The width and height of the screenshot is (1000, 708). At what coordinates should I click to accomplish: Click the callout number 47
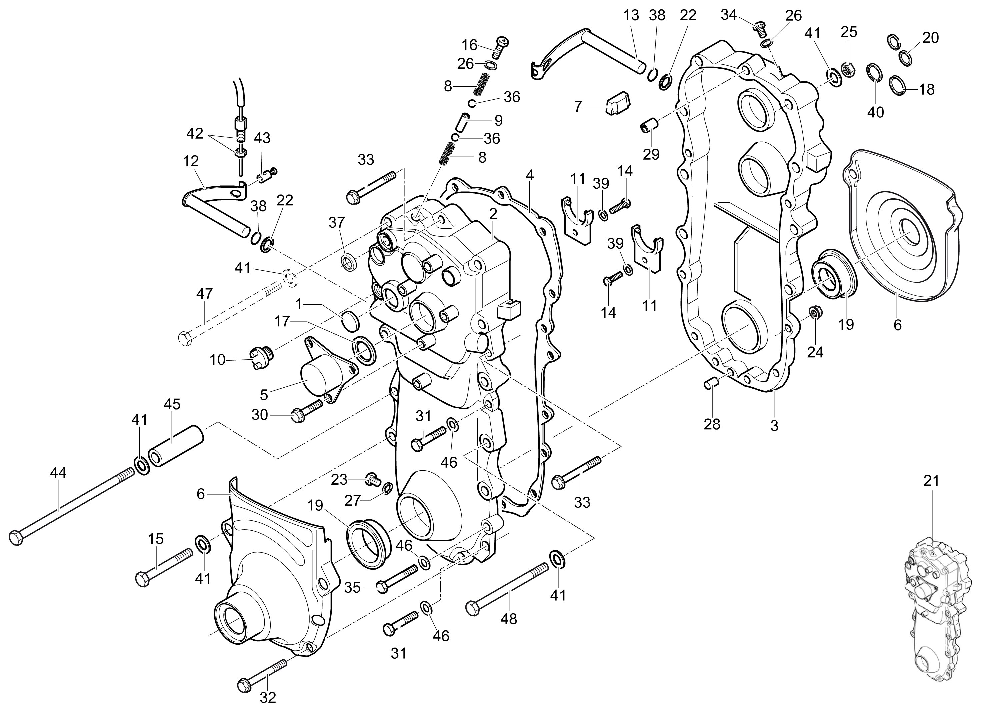(x=204, y=294)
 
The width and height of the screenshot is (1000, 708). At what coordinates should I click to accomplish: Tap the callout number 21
(x=931, y=481)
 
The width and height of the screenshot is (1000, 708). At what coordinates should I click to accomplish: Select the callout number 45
(x=172, y=404)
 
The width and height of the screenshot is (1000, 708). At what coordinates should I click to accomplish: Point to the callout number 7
(x=578, y=106)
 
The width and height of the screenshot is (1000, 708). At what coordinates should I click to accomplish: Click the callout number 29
(x=651, y=154)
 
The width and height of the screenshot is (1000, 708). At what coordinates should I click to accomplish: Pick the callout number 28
(x=712, y=424)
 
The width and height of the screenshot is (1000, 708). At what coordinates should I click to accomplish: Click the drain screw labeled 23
(x=372, y=478)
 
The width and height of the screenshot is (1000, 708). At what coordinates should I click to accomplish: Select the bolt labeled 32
(x=262, y=676)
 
